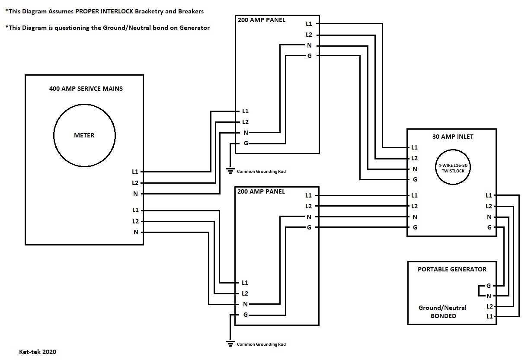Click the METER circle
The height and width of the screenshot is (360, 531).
(x=84, y=135)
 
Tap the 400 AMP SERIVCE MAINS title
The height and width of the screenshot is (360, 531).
(x=86, y=89)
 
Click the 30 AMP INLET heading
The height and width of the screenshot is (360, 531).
(x=453, y=137)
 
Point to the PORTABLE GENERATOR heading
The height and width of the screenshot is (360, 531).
(x=452, y=269)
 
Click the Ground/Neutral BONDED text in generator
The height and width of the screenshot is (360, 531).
(x=443, y=312)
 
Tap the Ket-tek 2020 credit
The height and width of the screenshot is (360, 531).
(x=38, y=352)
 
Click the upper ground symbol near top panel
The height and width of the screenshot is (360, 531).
(x=230, y=170)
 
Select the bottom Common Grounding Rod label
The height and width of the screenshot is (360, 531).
(x=261, y=344)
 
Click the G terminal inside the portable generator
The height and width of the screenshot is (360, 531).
(x=489, y=286)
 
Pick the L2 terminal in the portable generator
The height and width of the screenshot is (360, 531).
(x=489, y=306)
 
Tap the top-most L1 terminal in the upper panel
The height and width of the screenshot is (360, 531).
(x=309, y=24)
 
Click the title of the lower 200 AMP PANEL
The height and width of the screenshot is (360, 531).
(x=261, y=191)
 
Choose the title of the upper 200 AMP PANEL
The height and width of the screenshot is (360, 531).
(x=261, y=20)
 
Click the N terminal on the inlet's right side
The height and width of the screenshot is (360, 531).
(x=489, y=217)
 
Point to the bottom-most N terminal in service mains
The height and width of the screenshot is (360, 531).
(x=136, y=233)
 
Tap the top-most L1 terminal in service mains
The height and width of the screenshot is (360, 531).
(x=135, y=172)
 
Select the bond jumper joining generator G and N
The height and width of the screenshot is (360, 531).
(x=479, y=291)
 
